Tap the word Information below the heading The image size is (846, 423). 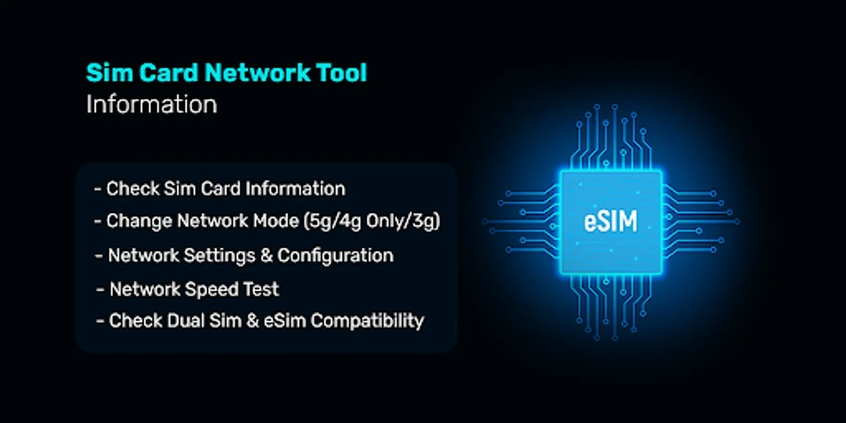click(x=151, y=104)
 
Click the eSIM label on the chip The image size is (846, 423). click(x=611, y=221)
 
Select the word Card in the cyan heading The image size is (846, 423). click(x=168, y=73)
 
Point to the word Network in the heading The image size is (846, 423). click(x=258, y=73)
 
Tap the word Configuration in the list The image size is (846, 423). click(x=335, y=256)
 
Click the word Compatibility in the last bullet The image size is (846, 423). click(x=367, y=321)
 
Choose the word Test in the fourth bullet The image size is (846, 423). click(x=261, y=290)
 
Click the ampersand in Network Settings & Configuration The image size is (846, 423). click(x=266, y=256)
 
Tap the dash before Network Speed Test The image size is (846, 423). click(x=100, y=290)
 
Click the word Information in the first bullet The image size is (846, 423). click(x=295, y=189)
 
